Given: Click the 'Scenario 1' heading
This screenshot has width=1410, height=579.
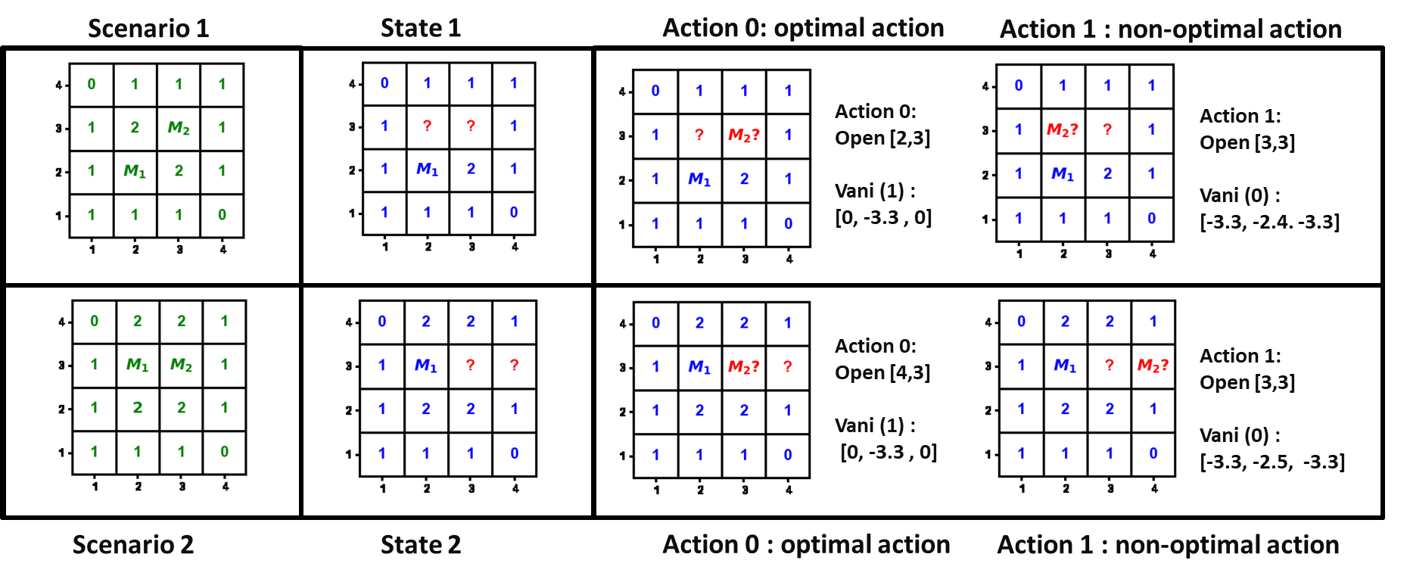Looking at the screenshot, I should (x=148, y=29).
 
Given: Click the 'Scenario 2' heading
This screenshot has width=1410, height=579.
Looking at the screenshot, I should (x=133, y=545).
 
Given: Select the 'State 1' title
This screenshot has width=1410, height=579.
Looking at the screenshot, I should (x=421, y=29).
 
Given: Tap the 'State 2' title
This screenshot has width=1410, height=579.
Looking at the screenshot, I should (x=421, y=545).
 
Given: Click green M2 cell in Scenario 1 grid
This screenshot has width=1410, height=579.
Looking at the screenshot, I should (x=179, y=128).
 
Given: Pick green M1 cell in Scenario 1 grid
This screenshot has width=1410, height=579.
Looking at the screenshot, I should (x=135, y=171).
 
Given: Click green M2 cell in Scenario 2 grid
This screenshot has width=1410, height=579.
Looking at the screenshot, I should (x=181, y=365).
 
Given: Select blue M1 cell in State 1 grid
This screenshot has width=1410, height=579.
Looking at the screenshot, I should (x=427, y=169).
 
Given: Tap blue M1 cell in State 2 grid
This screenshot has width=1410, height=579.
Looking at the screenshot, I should (x=425, y=366).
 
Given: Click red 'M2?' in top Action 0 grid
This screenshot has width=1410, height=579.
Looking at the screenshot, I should (x=743, y=135).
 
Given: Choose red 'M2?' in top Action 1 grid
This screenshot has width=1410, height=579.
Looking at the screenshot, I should (x=1062, y=130).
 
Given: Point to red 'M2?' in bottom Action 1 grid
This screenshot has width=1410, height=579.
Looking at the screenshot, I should (x=1153, y=366).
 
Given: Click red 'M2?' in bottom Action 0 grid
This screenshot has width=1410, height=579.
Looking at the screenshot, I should (x=743, y=367).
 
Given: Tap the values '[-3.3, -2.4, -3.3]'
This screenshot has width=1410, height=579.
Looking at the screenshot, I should (x=1269, y=223).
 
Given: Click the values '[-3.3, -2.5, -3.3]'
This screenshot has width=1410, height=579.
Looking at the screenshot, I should (x=1271, y=462).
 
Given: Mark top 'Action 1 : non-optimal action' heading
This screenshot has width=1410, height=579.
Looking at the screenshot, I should (x=1170, y=30).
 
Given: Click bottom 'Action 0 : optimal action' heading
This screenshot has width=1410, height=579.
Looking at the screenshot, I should (x=806, y=545).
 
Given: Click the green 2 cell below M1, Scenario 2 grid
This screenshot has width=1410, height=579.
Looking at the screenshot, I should (x=138, y=408).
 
